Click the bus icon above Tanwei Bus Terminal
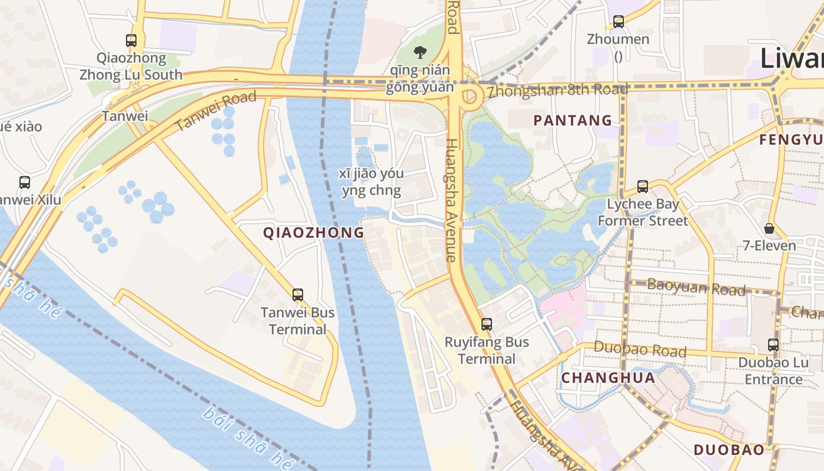click(x=298, y=294)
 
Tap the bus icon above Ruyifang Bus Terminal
click(x=486, y=324)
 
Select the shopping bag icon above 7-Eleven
click(x=769, y=228)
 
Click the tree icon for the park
click(x=420, y=52)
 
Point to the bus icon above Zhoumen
click(x=618, y=22)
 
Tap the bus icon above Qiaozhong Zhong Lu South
click(x=131, y=41)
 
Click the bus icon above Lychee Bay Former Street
click(x=643, y=187)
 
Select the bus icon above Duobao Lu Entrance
click(x=773, y=345)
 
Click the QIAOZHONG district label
click(x=314, y=233)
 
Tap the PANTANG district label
click(x=573, y=121)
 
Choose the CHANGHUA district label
click(x=608, y=378)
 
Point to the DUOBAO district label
click(x=729, y=450)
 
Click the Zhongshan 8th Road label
click(x=557, y=91)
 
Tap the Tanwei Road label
click(x=216, y=111)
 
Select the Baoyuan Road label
click(x=696, y=287)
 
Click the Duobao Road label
click(x=640, y=350)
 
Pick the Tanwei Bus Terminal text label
click(x=298, y=321)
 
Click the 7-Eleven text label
click(x=769, y=246)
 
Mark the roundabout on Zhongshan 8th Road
click(x=469, y=97)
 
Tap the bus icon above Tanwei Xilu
click(x=24, y=183)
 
